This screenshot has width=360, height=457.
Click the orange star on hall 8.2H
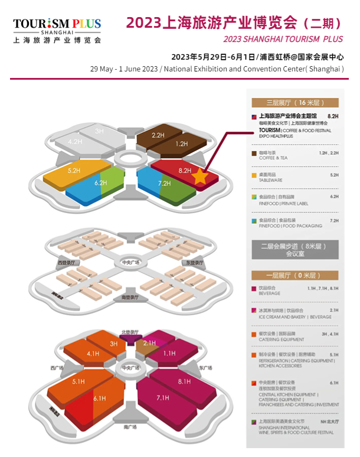pyautogui.click(x=200, y=177)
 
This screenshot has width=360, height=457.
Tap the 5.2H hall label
pyautogui.click(x=74, y=171)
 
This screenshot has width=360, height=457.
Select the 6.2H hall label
pyautogui.click(x=101, y=183)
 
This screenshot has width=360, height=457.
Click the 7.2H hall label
pyautogui.click(x=165, y=184)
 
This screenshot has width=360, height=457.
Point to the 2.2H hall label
pyautogui.click(x=158, y=135)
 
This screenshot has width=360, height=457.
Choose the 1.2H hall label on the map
pyautogui.click(x=181, y=143)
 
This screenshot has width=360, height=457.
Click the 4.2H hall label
pyautogui.click(x=75, y=142)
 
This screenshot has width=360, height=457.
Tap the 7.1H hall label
pyautogui.click(x=163, y=399)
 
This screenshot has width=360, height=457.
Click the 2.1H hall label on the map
pyautogui.click(x=149, y=342)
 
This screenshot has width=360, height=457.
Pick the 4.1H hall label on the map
pyautogui.click(x=93, y=354)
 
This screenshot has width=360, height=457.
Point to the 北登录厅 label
pyautogui.click(x=129, y=332)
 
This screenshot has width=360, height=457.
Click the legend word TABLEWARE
pyautogui.click(x=271, y=181)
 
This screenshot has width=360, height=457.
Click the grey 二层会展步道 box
pyautogui.click(x=294, y=250)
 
